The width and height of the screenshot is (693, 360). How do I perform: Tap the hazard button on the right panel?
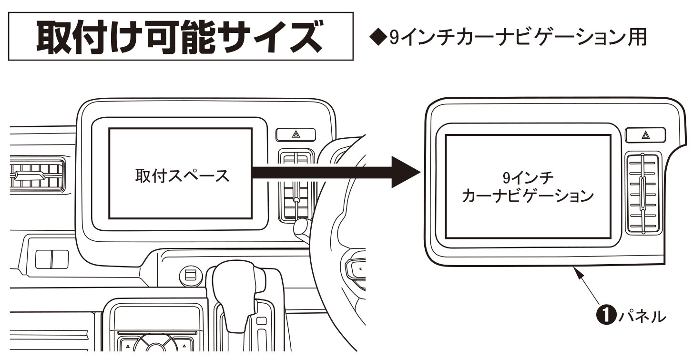(x=645, y=135)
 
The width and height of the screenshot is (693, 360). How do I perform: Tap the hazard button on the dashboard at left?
(x=296, y=135)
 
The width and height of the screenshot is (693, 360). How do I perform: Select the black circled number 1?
(x=605, y=316)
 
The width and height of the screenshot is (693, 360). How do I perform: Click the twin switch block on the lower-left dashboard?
(x=51, y=259)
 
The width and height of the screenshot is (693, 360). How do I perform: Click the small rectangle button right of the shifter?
(x=261, y=321)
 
